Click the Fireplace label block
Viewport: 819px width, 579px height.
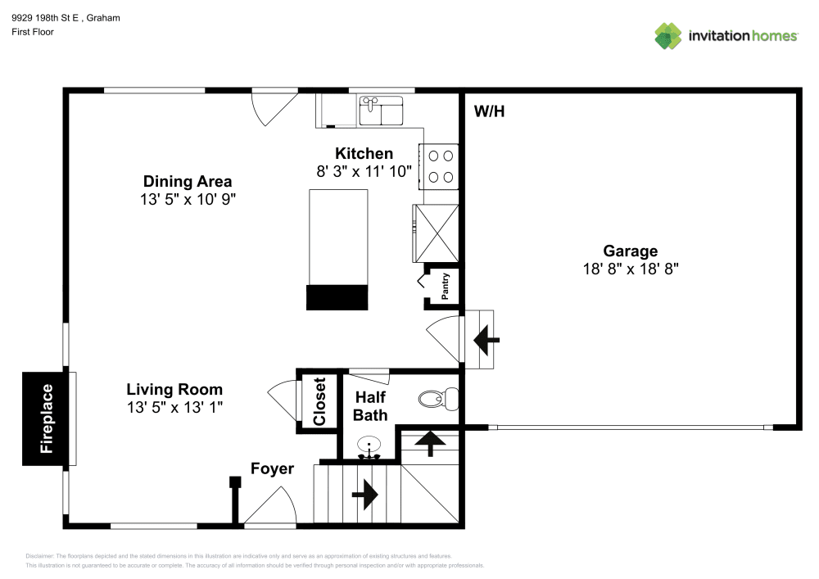[48, 418]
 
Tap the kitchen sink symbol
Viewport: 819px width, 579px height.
[381, 110]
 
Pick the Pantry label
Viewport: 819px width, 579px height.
[446, 287]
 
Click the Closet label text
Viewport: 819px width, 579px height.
[319, 400]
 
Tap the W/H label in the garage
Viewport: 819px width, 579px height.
[489, 111]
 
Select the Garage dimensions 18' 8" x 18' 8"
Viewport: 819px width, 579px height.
[630, 268]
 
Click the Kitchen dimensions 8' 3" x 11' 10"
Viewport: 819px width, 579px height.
[364, 171]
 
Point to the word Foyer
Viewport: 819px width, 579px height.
[272, 469]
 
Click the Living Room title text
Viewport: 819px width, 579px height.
[174, 390]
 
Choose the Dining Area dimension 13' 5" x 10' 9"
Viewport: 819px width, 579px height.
[188, 199]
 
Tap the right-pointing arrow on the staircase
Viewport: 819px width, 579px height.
[364, 495]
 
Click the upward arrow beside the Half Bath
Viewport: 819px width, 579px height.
[431, 443]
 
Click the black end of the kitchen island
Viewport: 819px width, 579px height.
[337, 298]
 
